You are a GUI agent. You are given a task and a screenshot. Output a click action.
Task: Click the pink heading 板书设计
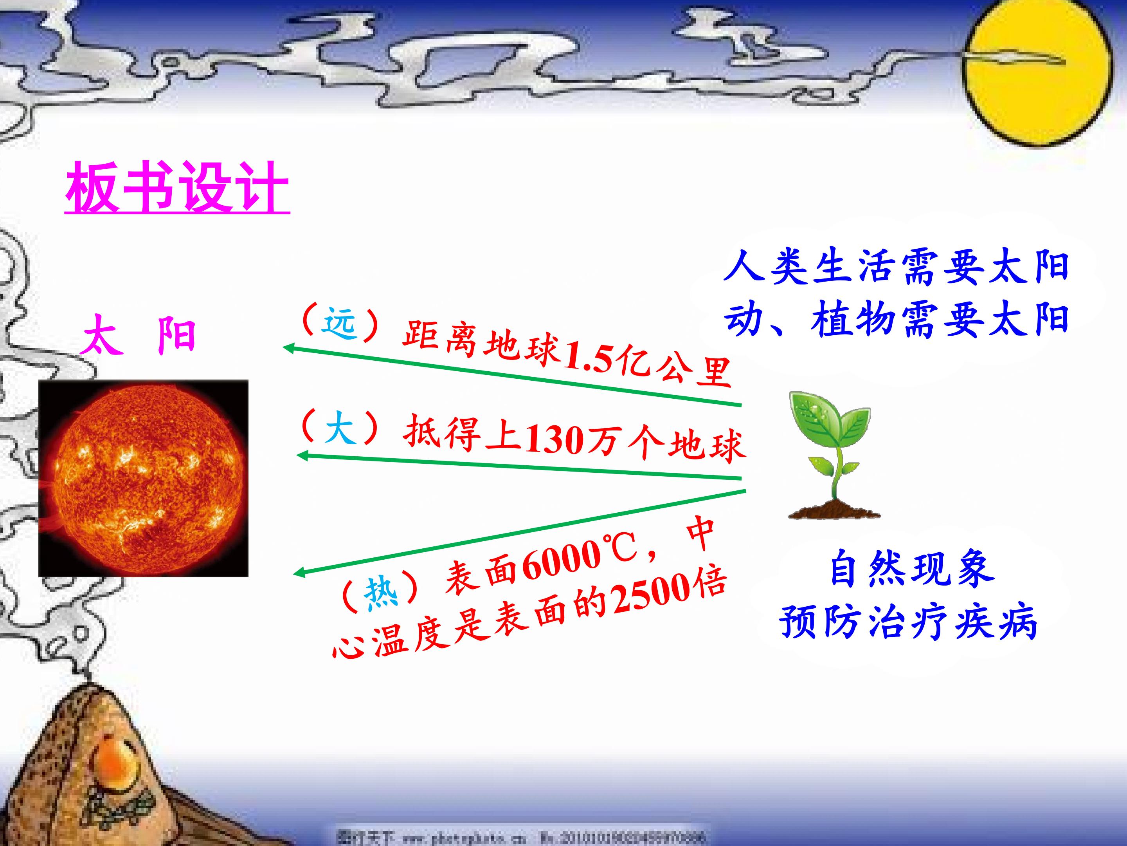[177, 188]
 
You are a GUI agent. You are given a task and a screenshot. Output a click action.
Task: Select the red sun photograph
[143, 478]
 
